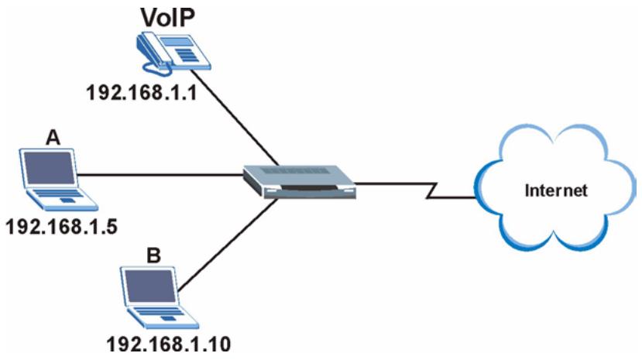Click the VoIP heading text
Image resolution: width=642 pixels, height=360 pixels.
[168, 17]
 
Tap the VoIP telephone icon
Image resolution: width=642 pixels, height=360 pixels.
[173, 54]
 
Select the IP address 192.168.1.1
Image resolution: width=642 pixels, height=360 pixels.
[142, 93]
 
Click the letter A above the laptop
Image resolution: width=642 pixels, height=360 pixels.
[53, 138]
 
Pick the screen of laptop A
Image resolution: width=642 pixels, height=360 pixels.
[49, 168]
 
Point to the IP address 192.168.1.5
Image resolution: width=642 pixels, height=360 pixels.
[62, 226]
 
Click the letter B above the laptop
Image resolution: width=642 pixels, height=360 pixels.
[153, 255]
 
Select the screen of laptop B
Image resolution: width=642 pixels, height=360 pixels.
[150, 286]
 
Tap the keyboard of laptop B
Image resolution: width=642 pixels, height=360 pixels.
[163, 316]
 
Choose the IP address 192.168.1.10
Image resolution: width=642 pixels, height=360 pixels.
[169, 344]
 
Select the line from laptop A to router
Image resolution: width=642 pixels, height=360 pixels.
[160, 175]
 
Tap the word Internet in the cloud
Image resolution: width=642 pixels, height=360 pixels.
[556, 190]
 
